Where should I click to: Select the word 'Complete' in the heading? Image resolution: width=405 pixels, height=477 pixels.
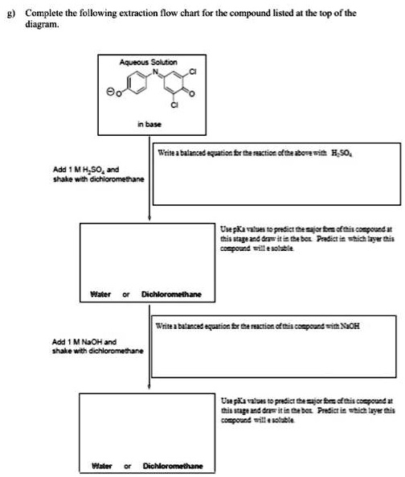pos(39,14)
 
